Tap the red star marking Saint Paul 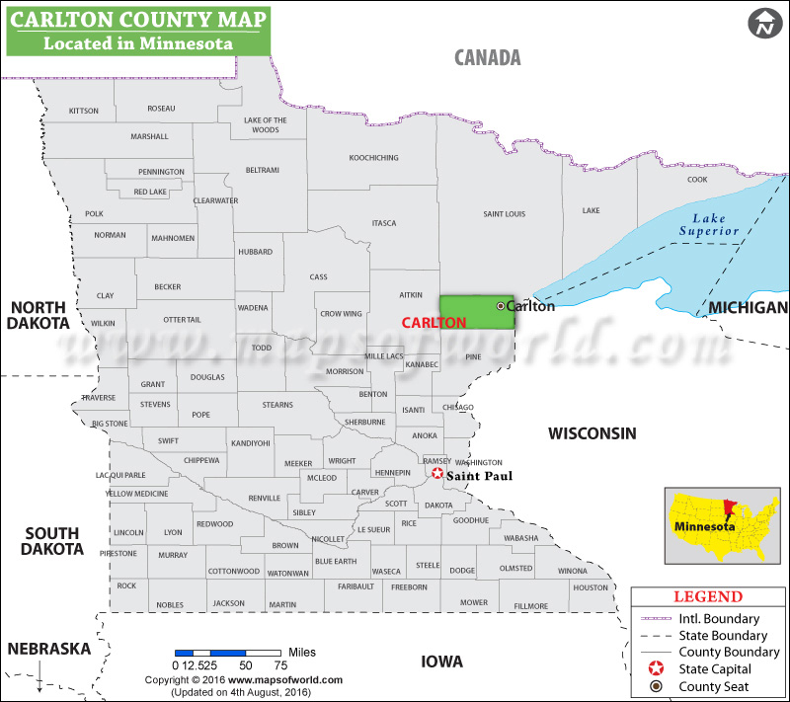[437, 474]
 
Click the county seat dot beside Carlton [500, 306]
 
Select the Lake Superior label [709, 224]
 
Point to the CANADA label [487, 57]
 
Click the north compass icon [763, 24]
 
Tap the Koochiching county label [373, 158]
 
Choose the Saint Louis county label [504, 214]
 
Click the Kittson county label [84, 111]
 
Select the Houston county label [591, 587]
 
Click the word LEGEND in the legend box [707, 596]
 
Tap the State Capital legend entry [715, 668]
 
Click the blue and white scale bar [228, 653]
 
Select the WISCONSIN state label [592, 433]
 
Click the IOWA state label [442, 662]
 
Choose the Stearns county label [277, 405]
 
